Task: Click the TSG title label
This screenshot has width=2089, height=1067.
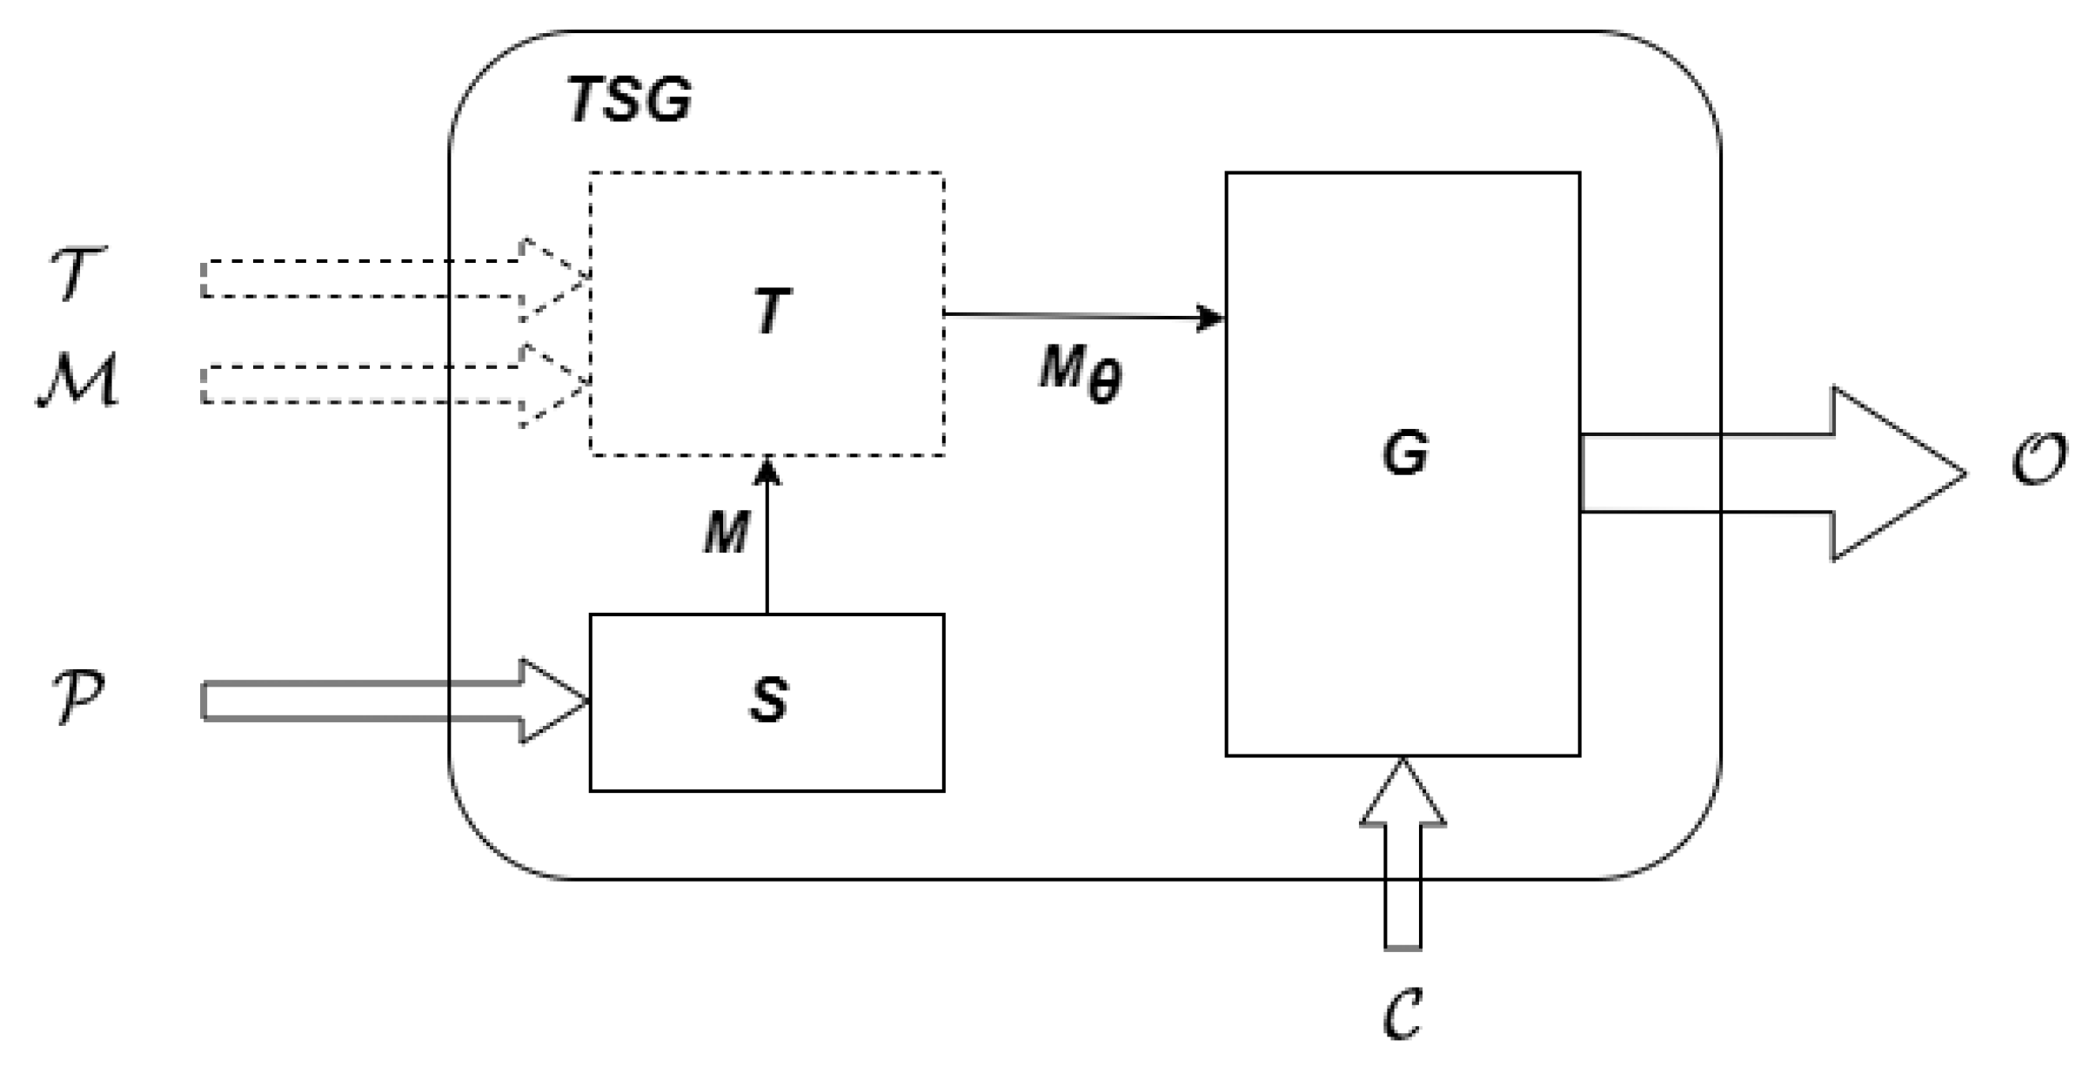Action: [x=629, y=100]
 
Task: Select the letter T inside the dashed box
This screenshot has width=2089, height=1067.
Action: [x=771, y=312]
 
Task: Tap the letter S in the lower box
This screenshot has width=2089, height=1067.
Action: [x=769, y=701]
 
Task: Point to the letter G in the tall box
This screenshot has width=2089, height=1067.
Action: [x=1404, y=453]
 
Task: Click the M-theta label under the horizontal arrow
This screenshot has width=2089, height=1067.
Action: [x=1081, y=372]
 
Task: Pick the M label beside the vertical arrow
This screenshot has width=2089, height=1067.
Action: [x=726, y=532]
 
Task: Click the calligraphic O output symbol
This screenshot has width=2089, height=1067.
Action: [x=2039, y=460]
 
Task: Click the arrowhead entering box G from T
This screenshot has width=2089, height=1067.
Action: [x=1211, y=318]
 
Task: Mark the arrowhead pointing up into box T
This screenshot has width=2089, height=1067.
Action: [x=767, y=471]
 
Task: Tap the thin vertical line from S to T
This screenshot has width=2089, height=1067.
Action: [x=767, y=557]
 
